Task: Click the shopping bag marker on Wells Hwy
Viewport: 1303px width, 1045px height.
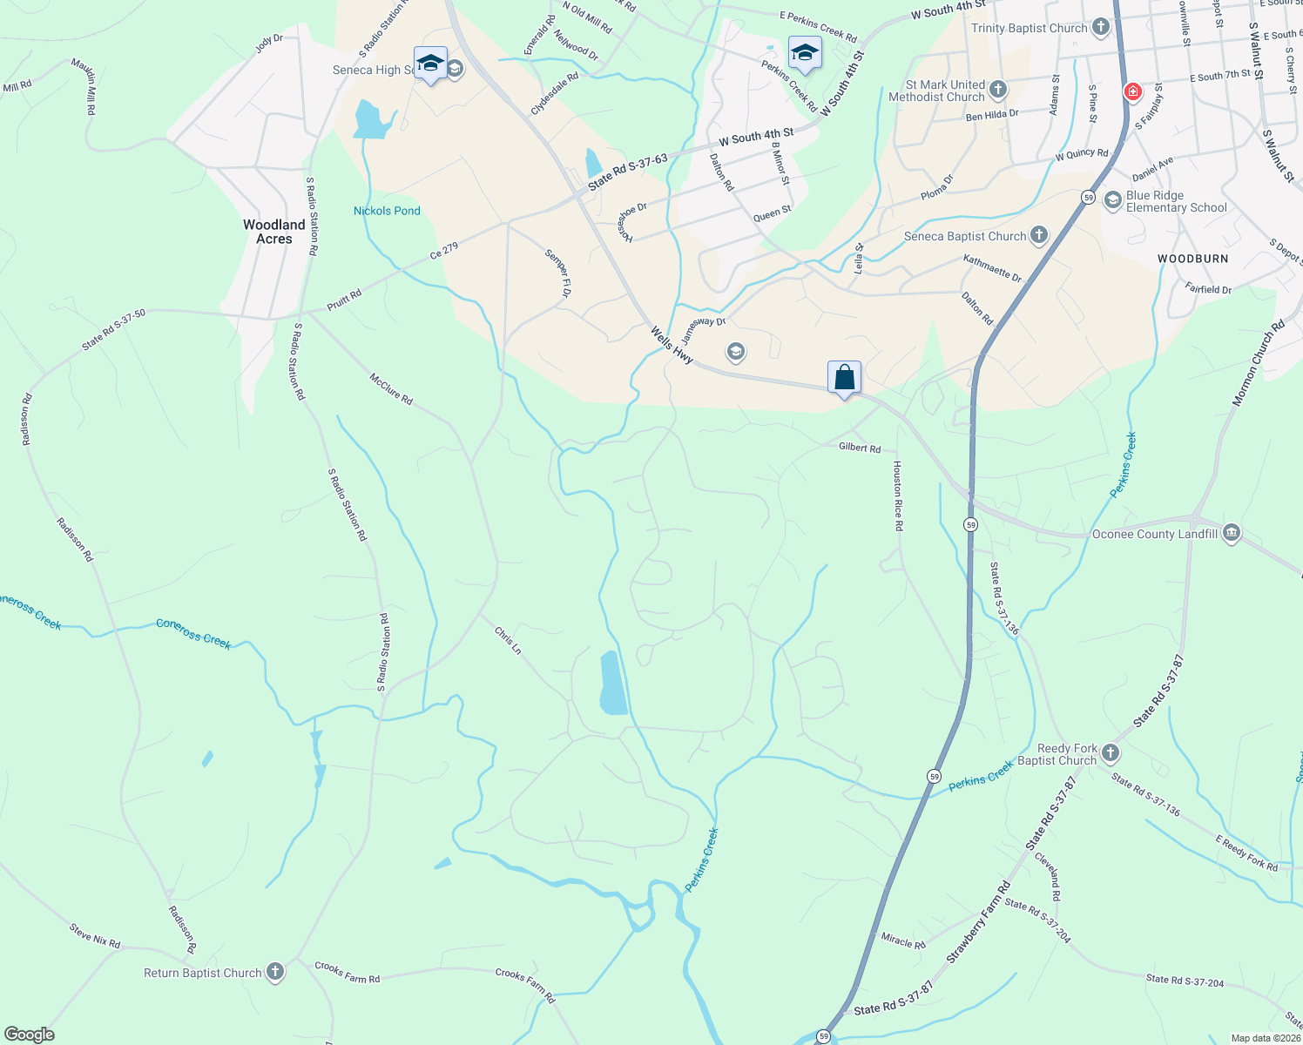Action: point(844,378)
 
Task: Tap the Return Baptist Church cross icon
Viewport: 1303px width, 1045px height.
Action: point(275,972)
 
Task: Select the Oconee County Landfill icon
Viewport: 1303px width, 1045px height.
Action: point(1231,533)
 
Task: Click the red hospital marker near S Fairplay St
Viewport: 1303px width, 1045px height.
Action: point(1132,91)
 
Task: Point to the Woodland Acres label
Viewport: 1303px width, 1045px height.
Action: point(274,232)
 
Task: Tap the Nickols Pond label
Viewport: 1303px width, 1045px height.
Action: point(387,211)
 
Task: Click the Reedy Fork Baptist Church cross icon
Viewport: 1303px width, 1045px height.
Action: point(1110,752)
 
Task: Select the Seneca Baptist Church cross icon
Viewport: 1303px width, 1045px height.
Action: point(1038,235)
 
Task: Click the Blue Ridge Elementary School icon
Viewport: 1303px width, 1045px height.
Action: point(1112,200)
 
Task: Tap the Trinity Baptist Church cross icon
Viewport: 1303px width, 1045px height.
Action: point(1101,27)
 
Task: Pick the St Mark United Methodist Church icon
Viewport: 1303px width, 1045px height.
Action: point(998,89)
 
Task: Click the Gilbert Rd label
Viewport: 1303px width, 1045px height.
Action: point(860,447)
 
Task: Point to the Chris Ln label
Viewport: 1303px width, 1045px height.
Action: point(508,640)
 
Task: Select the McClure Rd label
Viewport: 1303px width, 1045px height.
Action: point(391,388)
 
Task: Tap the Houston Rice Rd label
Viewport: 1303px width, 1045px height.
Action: point(898,496)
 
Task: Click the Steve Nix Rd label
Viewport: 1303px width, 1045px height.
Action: point(95,936)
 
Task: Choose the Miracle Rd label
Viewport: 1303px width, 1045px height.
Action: point(903,940)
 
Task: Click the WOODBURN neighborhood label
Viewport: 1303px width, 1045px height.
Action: point(1192,259)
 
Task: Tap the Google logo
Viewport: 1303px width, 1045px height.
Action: point(30,1035)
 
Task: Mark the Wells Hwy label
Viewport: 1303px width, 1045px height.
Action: point(672,345)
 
